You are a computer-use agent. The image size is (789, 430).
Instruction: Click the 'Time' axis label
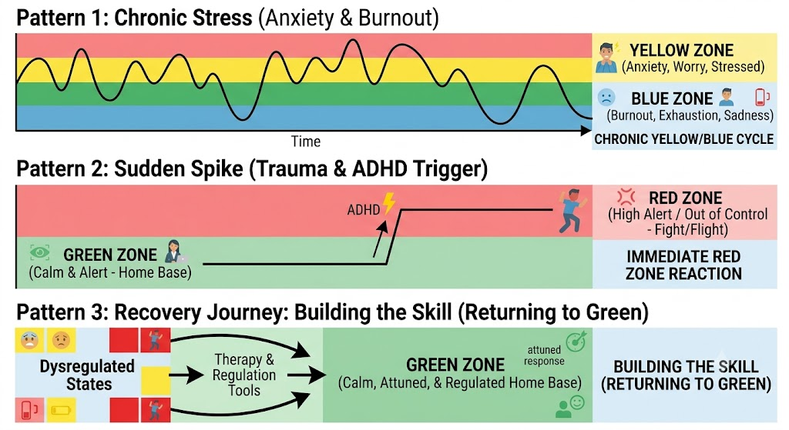tap(305, 142)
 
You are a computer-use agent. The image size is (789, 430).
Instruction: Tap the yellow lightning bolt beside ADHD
tap(388, 203)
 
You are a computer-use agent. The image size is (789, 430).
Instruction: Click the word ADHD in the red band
tap(364, 209)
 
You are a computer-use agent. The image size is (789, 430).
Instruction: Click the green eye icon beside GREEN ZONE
tap(40, 252)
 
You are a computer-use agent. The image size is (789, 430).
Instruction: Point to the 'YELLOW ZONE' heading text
tap(681, 50)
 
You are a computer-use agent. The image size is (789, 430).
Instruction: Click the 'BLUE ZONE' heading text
tap(672, 98)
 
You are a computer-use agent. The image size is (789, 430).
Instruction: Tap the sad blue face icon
tap(606, 97)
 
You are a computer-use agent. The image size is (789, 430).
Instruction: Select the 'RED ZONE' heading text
tap(685, 198)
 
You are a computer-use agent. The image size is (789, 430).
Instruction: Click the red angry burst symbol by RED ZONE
tap(626, 196)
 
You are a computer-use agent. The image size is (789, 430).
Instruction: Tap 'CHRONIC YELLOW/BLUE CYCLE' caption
tap(684, 139)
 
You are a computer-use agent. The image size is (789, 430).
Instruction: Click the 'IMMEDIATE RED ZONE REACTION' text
tap(683, 265)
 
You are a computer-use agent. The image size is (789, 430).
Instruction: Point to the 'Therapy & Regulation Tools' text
tap(244, 375)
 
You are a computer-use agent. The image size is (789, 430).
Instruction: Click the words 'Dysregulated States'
tap(88, 375)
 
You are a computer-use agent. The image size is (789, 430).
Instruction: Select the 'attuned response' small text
tap(544, 355)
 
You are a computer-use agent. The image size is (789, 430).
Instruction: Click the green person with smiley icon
tap(569, 406)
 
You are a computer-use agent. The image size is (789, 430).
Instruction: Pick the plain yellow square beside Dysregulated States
tap(155, 381)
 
